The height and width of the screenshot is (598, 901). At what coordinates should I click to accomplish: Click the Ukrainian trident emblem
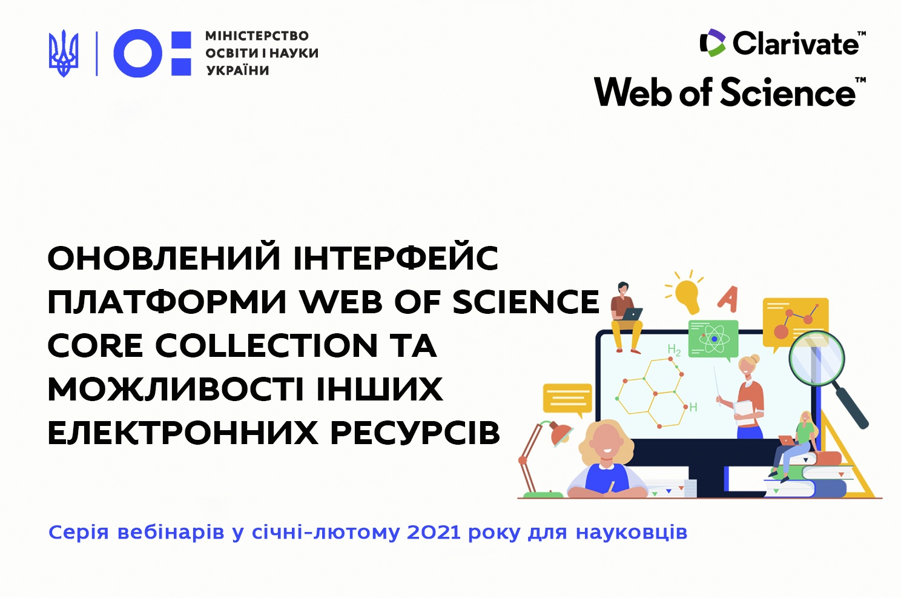(x=64, y=53)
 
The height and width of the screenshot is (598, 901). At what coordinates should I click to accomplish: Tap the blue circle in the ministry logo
(x=138, y=53)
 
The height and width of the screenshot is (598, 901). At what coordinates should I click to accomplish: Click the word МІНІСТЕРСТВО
(x=257, y=36)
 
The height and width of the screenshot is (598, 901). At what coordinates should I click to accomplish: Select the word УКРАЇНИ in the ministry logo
(x=238, y=70)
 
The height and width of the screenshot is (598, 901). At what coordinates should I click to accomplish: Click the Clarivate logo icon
(x=712, y=42)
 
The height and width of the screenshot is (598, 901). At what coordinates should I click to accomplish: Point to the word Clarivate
(x=796, y=43)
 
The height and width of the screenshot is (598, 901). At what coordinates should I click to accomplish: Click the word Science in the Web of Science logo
(x=787, y=92)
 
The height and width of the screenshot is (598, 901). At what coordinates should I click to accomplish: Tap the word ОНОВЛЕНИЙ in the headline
(x=164, y=257)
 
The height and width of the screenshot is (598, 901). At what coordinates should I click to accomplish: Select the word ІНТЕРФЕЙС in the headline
(x=396, y=257)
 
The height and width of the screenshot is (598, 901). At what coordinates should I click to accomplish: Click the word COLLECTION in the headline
(x=266, y=345)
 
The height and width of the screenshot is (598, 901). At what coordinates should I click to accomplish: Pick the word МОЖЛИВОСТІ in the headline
(x=176, y=389)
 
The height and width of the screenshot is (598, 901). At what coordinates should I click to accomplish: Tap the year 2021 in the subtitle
(x=434, y=533)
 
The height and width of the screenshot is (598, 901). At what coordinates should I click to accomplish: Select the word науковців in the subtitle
(x=632, y=533)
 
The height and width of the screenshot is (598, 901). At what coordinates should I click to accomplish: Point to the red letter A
(x=728, y=299)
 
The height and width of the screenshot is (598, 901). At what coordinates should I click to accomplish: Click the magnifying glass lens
(x=816, y=359)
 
